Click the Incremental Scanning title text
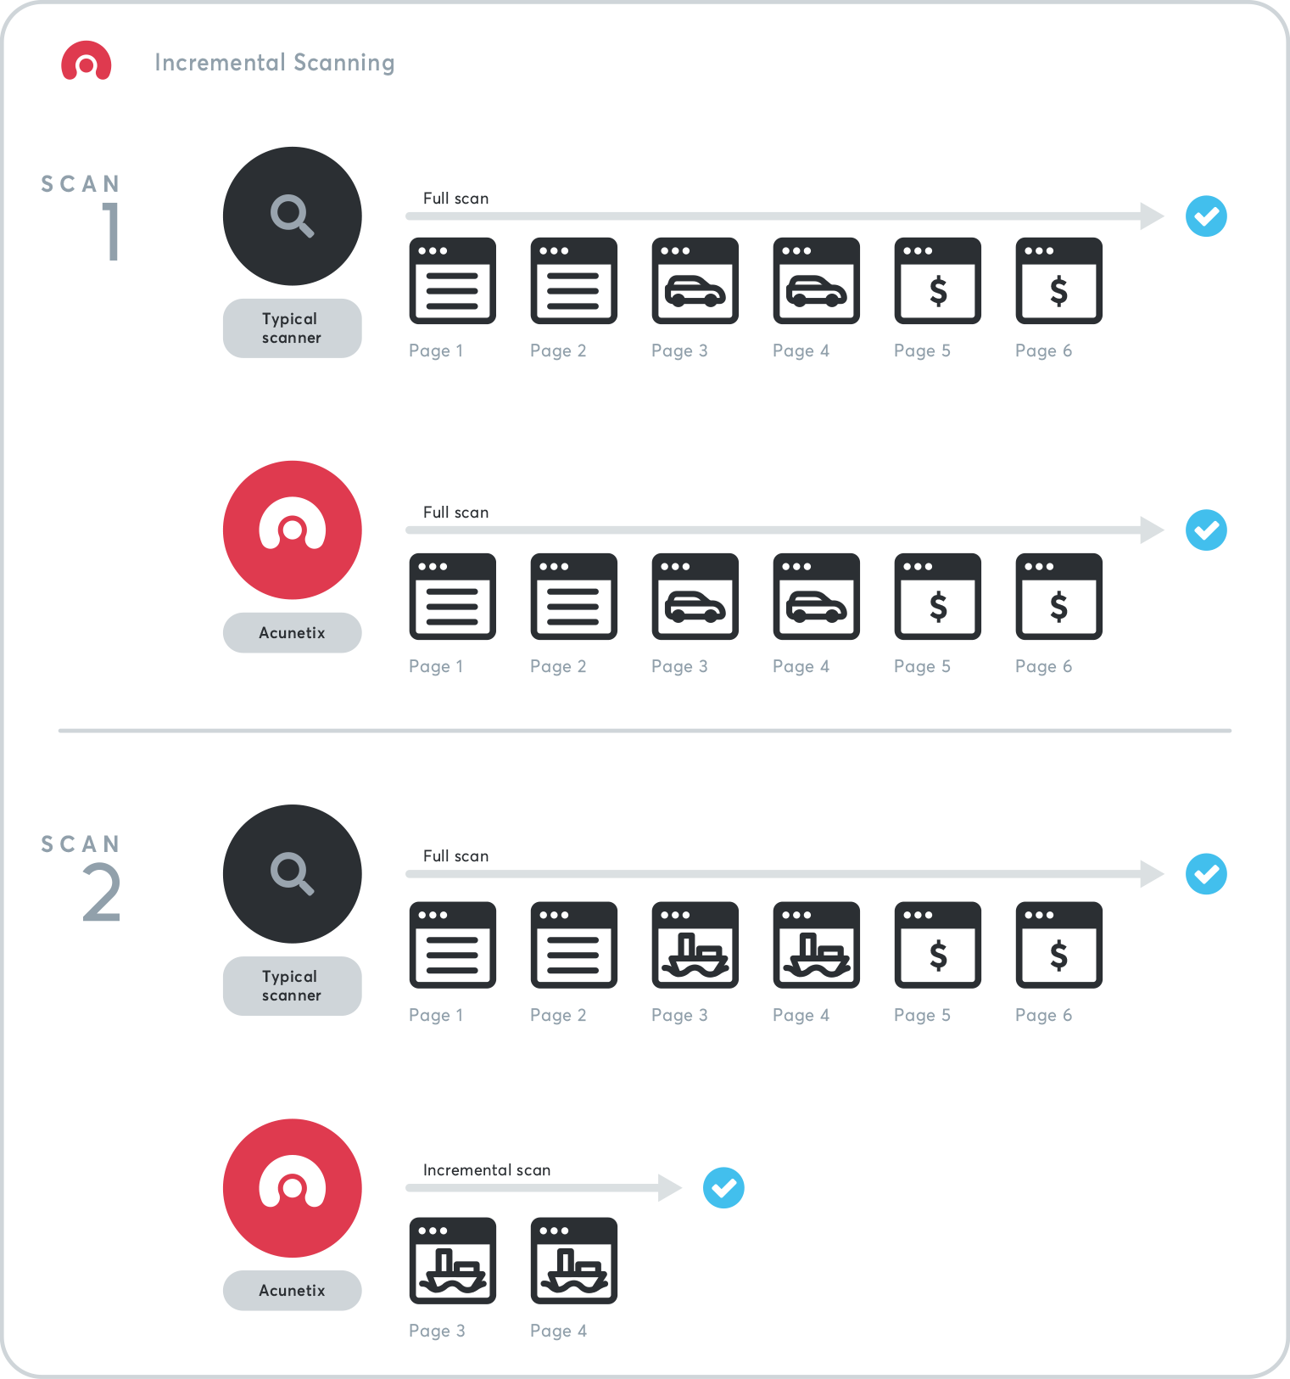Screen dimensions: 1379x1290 tap(274, 63)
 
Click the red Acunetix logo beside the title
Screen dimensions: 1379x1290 tap(86, 61)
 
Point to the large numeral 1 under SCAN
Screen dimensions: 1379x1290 tap(111, 231)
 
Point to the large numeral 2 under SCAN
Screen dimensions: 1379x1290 tap(102, 893)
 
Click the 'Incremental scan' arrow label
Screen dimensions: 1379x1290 tap(487, 1170)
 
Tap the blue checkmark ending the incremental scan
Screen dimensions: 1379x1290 tap(723, 1188)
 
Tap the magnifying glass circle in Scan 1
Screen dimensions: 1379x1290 tap(292, 216)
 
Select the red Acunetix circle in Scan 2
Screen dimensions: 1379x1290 tap(292, 1188)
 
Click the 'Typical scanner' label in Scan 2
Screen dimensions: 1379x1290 tap(292, 986)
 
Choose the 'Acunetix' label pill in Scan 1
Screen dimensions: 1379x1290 tap(292, 633)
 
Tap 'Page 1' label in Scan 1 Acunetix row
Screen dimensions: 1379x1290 tap(436, 667)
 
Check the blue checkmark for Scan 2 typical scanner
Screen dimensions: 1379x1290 tap(1206, 874)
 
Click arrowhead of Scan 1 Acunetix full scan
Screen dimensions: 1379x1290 tap(1152, 530)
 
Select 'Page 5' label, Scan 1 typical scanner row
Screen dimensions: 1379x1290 tap(922, 351)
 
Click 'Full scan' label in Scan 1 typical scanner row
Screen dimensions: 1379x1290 tap(455, 199)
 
